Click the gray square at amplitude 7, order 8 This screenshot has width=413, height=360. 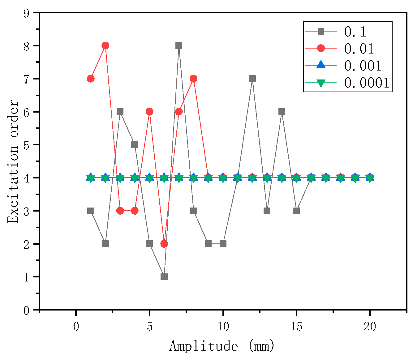coord(179,46)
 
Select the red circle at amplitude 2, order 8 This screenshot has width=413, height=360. coord(105,46)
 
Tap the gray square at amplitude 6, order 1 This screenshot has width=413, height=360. coord(164,276)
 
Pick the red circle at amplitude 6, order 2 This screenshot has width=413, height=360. coord(164,244)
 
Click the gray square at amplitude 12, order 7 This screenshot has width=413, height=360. coord(252,79)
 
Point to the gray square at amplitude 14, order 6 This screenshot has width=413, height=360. coord(282,112)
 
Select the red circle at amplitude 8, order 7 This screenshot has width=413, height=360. coord(193,79)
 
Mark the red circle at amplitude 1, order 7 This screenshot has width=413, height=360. coord(91,79)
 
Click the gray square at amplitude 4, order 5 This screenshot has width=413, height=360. coord(135,145)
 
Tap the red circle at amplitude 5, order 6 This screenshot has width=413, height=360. coord(149,112)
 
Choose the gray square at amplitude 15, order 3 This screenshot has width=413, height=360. coord(296,211)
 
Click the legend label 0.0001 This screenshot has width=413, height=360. coord(367,83)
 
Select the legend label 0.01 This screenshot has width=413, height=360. coord(359,49)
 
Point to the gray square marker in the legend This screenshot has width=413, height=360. coord(321,31)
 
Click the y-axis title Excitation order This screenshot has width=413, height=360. coord(13,161)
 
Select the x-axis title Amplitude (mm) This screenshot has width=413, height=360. coord(222,346)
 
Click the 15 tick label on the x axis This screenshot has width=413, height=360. coord(296,327)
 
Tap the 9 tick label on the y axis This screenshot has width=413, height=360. coord(26,13)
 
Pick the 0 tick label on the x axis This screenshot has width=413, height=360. coord(76,327)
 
